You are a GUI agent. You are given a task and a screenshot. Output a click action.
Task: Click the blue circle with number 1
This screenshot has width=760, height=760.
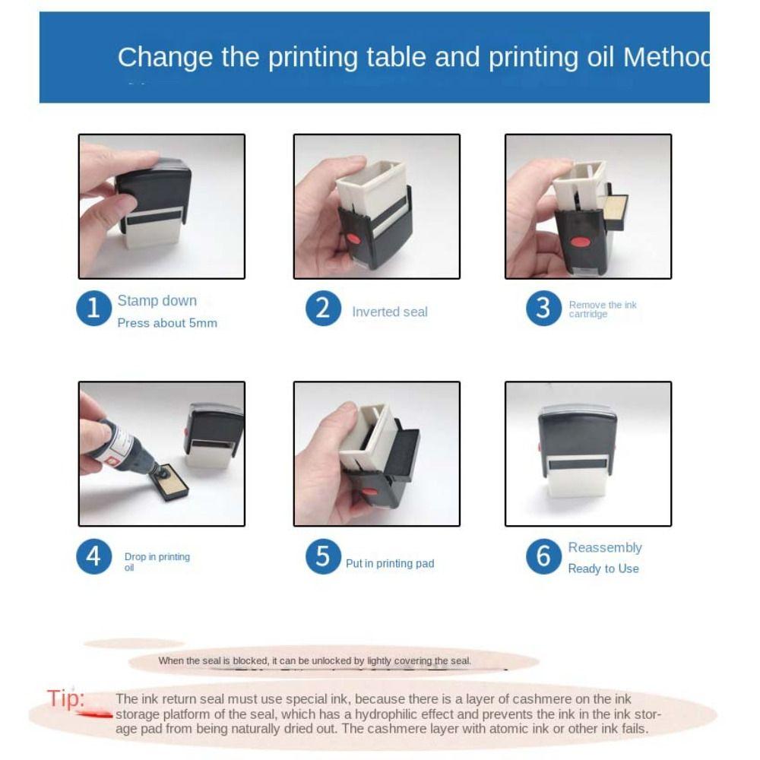[x=93, y=309]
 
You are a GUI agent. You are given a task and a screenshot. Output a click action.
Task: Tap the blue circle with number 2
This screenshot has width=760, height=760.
[x=323, y=309]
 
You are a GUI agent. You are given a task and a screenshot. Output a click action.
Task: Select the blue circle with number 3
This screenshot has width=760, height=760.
[x=543, y=309]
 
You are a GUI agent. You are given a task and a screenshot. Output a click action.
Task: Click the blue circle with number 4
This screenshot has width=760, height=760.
[x=93, y=556]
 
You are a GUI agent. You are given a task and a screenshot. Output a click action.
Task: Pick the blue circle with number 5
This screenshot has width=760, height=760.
[x=323, y=556]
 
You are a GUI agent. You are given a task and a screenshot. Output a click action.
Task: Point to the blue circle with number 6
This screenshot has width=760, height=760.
[x=543, y=556]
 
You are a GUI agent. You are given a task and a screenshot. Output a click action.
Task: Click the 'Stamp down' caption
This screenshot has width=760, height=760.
[x=157, y=301]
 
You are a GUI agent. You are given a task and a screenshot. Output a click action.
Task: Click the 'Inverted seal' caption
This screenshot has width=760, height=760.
[x=389, y=312]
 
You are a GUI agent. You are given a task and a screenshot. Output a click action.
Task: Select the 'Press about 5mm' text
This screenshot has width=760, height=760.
[x=167, y=323]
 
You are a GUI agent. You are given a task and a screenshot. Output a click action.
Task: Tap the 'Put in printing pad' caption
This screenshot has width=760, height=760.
[x=389, y=563]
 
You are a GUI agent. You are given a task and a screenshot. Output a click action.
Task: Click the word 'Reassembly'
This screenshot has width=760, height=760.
[x=604, y=547]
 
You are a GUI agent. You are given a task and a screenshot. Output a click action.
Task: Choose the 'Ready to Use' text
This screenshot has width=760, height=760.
[x=603, y=568]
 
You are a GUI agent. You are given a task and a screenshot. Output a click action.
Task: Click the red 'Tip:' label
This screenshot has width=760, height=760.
[x=66, y=698]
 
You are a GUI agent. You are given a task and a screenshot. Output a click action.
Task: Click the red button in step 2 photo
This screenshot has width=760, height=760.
[x=353, y=239]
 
